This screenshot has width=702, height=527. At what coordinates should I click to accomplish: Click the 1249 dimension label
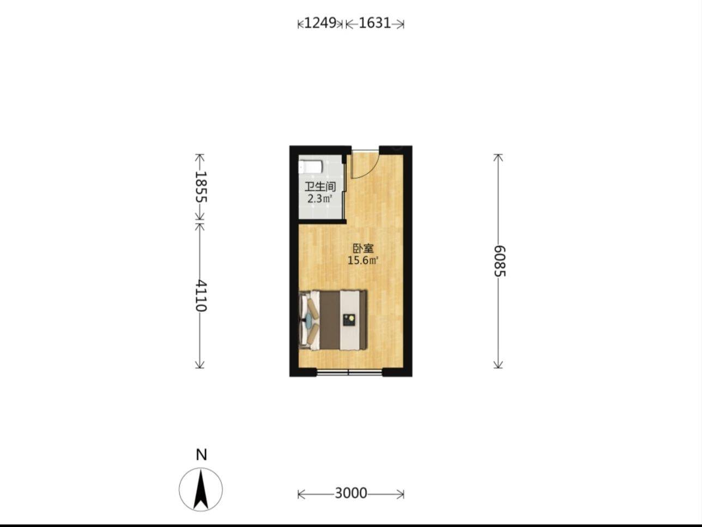(320, 23)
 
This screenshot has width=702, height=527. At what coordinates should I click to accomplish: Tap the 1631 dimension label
(375, 23)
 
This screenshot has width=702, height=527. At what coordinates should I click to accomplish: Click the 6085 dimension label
(499, 261)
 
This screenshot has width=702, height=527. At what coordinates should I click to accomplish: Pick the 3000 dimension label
(351, 493)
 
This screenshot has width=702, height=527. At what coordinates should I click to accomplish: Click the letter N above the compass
(201, 455)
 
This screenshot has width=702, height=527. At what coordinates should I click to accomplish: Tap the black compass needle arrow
(201, 489)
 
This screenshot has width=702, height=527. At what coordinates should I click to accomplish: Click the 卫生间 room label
(320, 187)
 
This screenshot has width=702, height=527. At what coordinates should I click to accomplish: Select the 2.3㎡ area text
(320, 199)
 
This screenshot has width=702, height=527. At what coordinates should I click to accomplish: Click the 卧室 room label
(363, 249)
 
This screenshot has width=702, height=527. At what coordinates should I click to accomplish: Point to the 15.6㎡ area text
(363, 261)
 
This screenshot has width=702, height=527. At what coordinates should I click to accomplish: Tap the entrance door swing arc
(368, 169)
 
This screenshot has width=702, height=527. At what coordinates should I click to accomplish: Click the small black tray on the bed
(349, 320)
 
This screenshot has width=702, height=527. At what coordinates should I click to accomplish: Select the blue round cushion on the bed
(309, 320)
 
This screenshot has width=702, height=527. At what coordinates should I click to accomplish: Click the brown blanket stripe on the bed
(330, 320)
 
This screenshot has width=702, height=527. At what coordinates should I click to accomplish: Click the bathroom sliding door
(344, 192)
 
